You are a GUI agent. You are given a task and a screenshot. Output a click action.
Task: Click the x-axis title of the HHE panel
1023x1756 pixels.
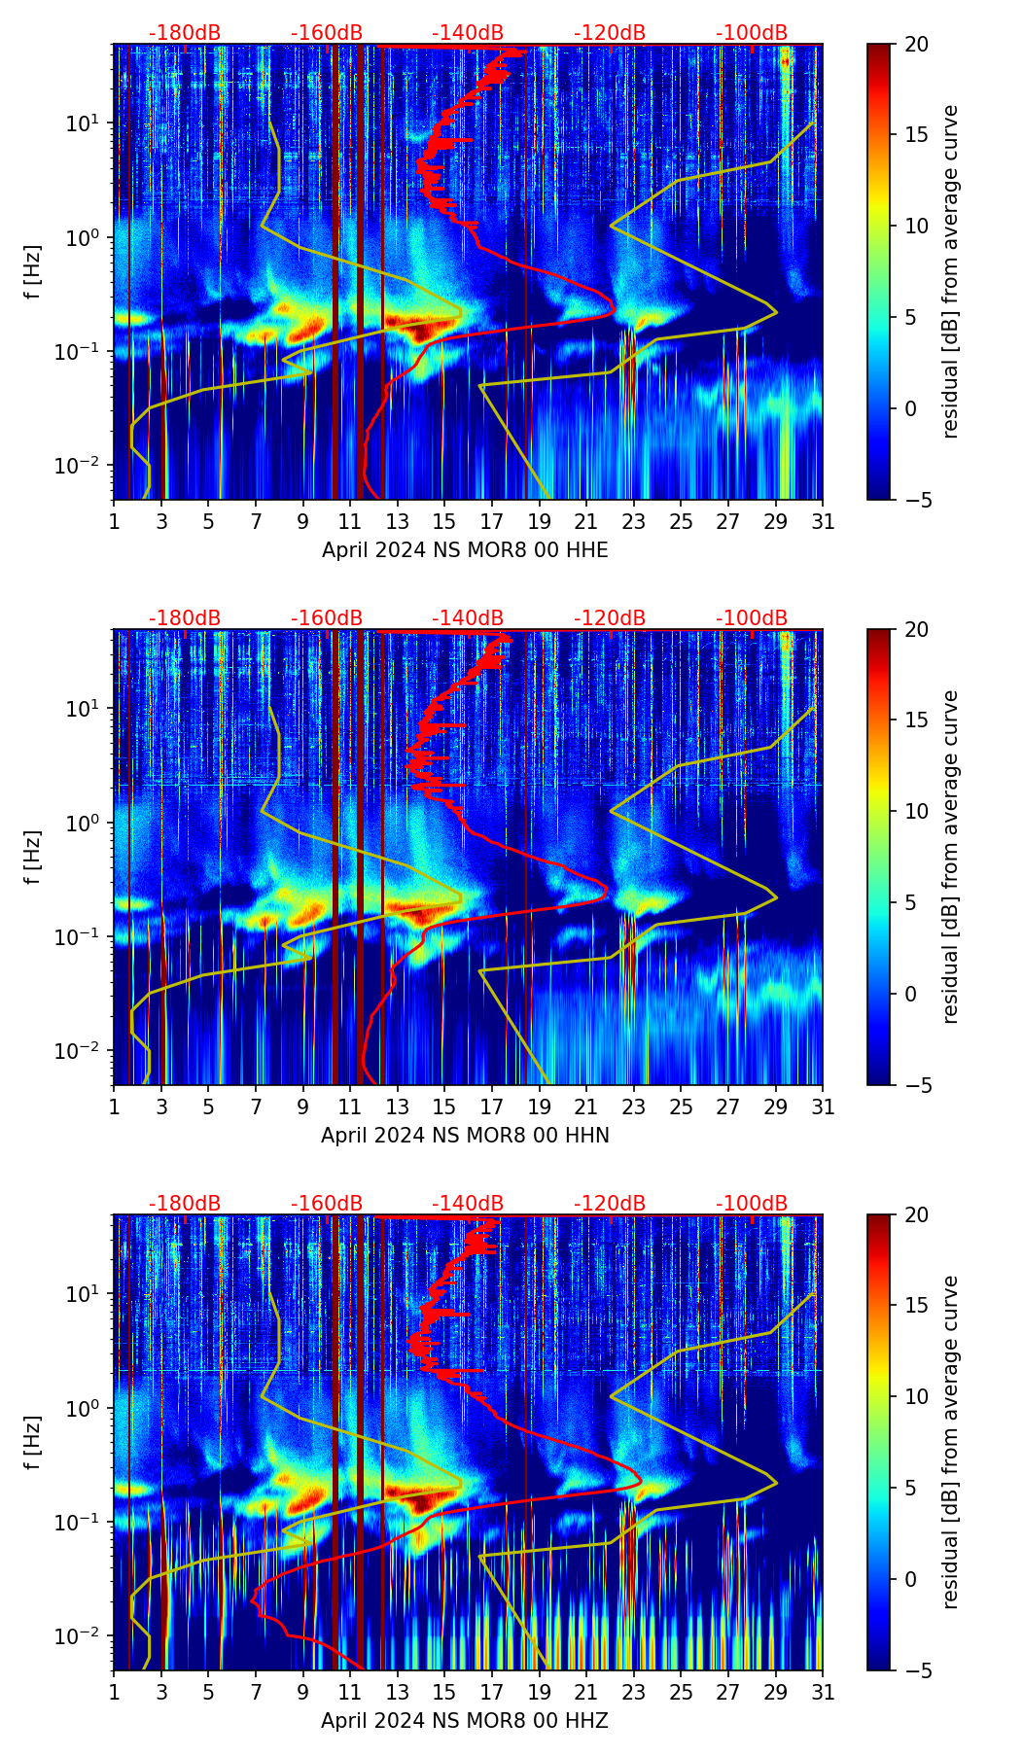click(x=465, y=550)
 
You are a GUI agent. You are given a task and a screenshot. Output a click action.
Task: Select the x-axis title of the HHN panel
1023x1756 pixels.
click(x=465, y=1136)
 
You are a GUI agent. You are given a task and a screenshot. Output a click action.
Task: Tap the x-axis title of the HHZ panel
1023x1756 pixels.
click(x=465, y=1721)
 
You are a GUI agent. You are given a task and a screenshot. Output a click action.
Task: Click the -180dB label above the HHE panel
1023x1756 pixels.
click(x=185, y=33)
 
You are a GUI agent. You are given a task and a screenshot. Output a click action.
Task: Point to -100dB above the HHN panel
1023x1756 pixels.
click(x=752, y=618)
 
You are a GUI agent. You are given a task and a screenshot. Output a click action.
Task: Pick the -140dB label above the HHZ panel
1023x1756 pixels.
click(x=468, y=1204)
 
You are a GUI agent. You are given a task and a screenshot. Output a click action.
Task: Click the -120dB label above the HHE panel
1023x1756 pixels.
click(x=610, y=33)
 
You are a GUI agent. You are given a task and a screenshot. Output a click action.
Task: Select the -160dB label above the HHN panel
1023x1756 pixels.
click(x=327, y=618)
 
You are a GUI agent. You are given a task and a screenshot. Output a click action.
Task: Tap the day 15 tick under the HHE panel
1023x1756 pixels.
click(x=444, y=522)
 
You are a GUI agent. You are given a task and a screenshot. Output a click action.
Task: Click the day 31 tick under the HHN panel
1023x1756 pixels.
click(x=823, y=1107)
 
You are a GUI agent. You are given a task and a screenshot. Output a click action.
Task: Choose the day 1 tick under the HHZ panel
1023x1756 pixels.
click(x=114, y=1693)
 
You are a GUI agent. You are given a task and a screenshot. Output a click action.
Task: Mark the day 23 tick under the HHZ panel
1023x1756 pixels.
click(x=634, y=1693)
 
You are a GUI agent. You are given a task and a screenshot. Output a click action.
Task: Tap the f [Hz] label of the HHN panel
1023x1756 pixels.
click(x=34, y=857)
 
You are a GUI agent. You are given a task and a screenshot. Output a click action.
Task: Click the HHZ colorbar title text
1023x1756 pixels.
click(x=950, y=1442)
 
